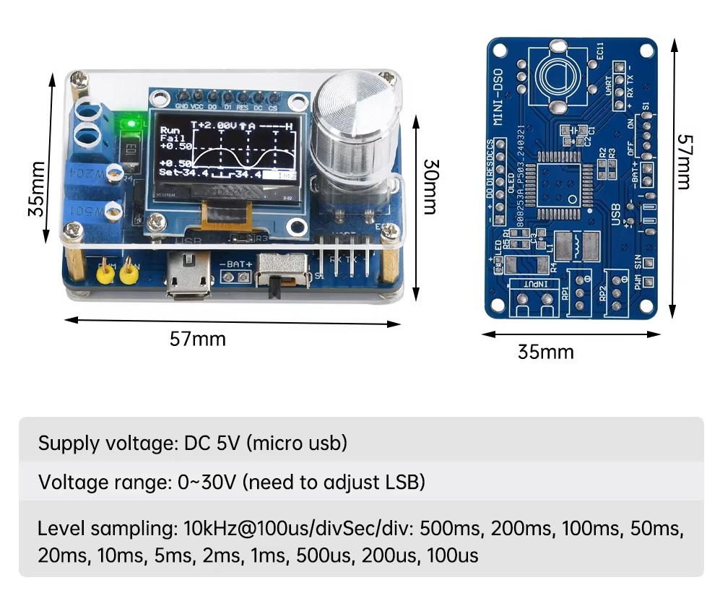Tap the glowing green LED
(130, 124)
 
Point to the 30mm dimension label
(429, 186)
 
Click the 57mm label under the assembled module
(198, 339)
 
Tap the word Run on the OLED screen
(170, 131)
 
